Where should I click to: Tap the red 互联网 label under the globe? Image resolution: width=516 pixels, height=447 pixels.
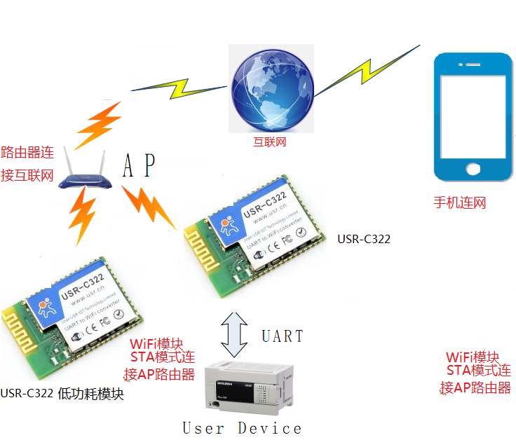coord(270,142)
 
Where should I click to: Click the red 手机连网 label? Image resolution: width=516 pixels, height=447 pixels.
coord(459,203)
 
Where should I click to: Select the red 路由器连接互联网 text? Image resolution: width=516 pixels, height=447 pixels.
coord(27,163)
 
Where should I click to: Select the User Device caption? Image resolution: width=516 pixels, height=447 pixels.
coord(242,428)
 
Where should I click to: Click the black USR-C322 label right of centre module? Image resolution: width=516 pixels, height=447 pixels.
coord(364,239)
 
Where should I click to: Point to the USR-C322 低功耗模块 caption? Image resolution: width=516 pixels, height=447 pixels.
coord(62,393)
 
